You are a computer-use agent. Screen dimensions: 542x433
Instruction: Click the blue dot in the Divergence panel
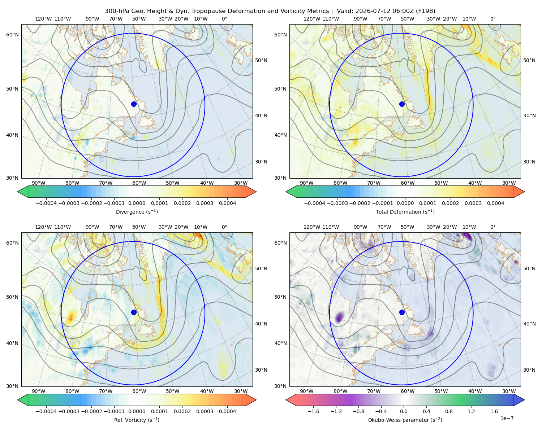[x=134, y=104]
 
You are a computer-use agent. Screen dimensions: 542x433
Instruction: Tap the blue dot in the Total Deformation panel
[x=402, y=104]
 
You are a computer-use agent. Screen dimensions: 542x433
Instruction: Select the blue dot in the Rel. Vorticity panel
[x=134, y=312]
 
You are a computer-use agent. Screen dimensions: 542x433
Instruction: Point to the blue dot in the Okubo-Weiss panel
[x=402, y=312]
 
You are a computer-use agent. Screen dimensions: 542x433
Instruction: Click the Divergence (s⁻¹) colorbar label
[x=137, y=212]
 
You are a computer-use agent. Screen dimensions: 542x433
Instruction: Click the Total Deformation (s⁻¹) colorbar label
[x=405, y=212]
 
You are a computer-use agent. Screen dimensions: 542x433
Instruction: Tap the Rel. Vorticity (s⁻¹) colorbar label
[x=137, y=420]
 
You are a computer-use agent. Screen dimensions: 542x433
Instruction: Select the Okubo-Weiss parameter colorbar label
[x=405, y=420]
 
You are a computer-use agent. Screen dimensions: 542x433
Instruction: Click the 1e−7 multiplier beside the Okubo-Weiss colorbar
[x=507, y=419]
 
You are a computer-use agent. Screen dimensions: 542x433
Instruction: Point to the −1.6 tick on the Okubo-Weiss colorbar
[x=313, y=411]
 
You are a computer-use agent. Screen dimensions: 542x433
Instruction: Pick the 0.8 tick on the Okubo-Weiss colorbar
[x=449, y=411]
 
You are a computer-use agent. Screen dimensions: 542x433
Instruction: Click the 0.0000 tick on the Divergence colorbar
[x=137, y=203]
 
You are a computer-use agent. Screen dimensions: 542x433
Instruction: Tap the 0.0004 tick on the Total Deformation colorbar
[x=495, y=203]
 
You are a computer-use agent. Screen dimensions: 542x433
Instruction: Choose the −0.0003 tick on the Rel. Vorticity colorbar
[x=69, y=411]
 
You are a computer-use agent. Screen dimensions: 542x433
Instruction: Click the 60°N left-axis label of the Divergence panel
[x=12, y=35]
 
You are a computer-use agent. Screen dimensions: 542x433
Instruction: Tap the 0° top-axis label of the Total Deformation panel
[x=492, y=19]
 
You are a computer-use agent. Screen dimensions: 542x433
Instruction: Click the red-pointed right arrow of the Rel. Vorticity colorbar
[x=251, y=400]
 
